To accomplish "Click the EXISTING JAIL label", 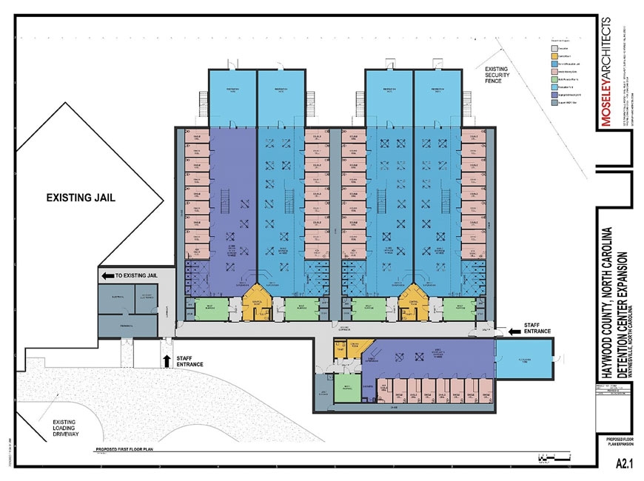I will (81, 198).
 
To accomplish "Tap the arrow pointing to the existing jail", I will (107, 275).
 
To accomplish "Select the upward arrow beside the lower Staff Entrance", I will (167, 361).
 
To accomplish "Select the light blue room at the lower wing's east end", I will (524, 359).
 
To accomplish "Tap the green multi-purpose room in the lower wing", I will (345, 388).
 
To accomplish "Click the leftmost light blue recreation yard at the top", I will (232, 98).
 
